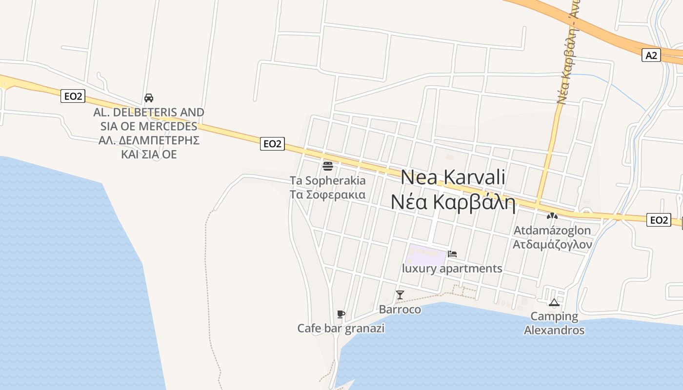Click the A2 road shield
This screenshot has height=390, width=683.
pos(651,55)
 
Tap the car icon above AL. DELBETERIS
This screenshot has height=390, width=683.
pos(149,98)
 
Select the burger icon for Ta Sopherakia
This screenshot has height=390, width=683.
pos(328,166)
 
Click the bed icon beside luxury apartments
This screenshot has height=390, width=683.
pos(452,254)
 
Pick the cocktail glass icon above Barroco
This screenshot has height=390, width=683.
pos(400,294)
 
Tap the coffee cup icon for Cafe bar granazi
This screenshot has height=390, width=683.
pos(341,314)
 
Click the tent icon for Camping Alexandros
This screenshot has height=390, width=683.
pos(554,302)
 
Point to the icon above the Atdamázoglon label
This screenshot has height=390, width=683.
pos(552,215)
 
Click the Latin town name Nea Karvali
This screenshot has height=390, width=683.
pos(453,177)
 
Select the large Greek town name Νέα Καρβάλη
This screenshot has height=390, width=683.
pos(453,202)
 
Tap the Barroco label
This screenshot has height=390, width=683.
pos(400,310)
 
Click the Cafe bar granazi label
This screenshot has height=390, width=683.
pos(341,329)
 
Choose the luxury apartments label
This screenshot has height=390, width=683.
pos(452,269)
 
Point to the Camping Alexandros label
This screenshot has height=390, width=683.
pos(554,323)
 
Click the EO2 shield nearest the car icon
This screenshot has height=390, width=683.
pos(73,96)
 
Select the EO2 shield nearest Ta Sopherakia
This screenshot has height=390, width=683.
pos(272,143)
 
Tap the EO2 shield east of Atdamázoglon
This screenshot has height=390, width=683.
pos(659,220)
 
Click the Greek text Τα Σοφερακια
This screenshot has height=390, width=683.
pos(328,195)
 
